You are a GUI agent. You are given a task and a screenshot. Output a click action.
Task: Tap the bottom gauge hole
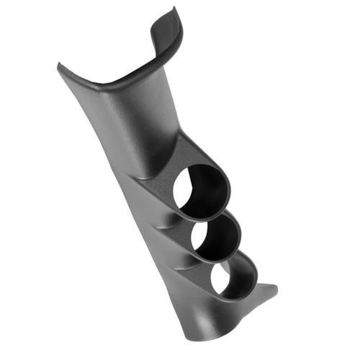point(233,279)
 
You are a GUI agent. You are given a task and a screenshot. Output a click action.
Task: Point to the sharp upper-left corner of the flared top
point(59,66)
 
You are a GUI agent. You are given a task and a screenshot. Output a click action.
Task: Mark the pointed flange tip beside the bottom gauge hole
point(276,290)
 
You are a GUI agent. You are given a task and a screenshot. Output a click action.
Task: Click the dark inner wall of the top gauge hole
point(213,184)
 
